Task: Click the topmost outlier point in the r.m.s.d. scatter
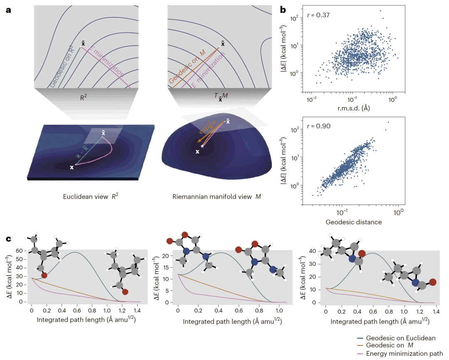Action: [380, 11]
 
